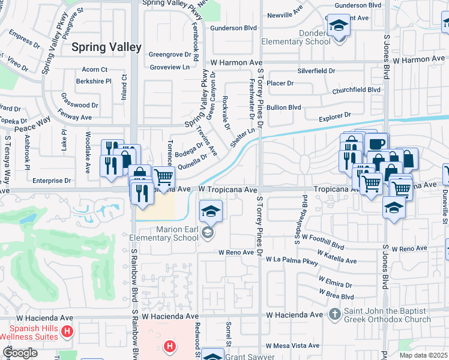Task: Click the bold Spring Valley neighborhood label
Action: click(106, 47)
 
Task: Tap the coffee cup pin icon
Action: click(376, 145)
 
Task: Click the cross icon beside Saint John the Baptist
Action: click(335, 314)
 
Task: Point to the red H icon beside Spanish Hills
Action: click(67, 331)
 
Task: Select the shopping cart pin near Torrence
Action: click(163, 177)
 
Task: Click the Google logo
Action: click(20, 353)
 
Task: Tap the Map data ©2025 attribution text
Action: click(423, 355)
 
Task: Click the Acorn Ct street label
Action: click(95, 70)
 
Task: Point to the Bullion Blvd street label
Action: click(284, 107)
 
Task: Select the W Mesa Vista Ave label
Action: click(293, 346)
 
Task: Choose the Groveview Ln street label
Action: click(169, 67)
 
